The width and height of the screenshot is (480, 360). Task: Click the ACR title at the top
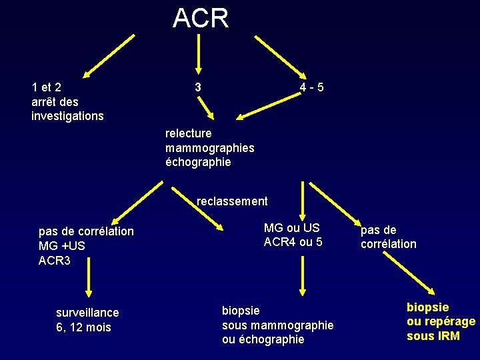click(201, 18)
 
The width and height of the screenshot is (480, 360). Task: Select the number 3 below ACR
click(198, 87)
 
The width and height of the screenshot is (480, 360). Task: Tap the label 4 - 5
click(312, 87)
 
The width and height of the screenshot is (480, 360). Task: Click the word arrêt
click(45, 101)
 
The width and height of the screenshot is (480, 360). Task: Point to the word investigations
click(67, 116)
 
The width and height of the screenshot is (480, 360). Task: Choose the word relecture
click(188, 133)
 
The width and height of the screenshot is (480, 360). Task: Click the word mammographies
click(209, 148)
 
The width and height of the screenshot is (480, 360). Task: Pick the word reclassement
click(232, 201)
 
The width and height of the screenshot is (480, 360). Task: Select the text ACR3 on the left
click(55, 260)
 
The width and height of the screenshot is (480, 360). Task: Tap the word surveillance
click(87, 313)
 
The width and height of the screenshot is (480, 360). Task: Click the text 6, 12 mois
click(84, 327)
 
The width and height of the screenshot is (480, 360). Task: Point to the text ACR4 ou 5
click(293, 242)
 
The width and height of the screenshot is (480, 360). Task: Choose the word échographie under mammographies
click(198, 162)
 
